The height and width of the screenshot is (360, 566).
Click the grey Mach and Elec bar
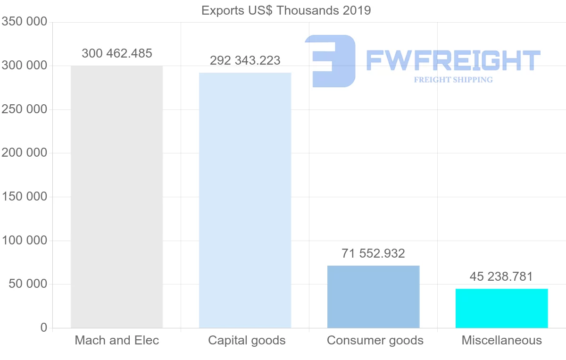click(117, 197)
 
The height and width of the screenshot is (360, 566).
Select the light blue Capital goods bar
click(245, 200)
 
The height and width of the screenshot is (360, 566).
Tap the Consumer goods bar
click(373, 297)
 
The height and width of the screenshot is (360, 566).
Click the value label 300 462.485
click(117, 53)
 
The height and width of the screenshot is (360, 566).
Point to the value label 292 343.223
click(245, 60)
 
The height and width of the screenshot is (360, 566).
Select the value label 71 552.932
click(373, 253)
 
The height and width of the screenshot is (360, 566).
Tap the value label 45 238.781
click(501, 276)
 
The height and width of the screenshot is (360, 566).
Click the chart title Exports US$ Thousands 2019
click(286, 10)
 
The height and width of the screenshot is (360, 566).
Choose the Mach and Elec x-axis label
click(117, 340)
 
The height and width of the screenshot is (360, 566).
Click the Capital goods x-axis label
click(247, 340)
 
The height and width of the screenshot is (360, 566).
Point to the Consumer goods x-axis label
click(375, 340)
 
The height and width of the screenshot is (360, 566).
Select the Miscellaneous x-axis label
click(502, 340)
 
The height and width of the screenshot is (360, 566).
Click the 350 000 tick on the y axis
click(25, 22)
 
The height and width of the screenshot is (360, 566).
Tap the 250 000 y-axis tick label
click(25, 109)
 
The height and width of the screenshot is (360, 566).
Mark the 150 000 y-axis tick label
click(25, 196)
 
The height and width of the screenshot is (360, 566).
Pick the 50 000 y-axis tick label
click(28, 284)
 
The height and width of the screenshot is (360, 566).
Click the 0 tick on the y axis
click(44, 327)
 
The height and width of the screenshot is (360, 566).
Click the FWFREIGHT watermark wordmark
click(453, 60)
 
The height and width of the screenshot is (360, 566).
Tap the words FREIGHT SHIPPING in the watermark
click(453, 80)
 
